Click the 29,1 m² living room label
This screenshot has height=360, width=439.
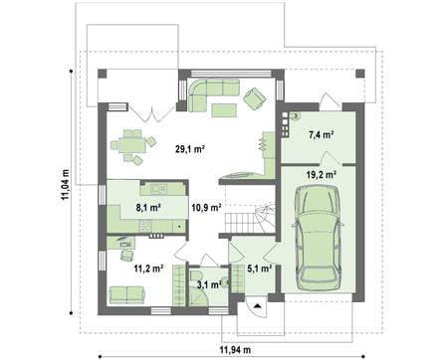pos(189,149)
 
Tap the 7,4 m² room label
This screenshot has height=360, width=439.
pos(321,135)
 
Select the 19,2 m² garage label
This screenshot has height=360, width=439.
pos(322,175)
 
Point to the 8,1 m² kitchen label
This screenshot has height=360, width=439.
pos(148,208)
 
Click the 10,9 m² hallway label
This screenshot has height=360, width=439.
pos(206,208)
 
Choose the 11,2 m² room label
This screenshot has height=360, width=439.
pos(148,269)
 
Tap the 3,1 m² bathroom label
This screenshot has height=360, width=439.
pos(209,284)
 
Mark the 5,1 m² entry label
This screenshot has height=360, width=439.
pos(260,269)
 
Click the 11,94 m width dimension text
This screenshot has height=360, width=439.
pos(235,349)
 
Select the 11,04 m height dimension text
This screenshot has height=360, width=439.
pos(66,185)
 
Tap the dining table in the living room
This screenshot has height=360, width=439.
pos(132,145)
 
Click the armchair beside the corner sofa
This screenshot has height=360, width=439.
pos(255,97)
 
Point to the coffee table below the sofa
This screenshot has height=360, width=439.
pos(224,110)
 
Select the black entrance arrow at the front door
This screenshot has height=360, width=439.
pos(258,305)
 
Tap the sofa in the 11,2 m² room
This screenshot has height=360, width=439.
pos(126,295)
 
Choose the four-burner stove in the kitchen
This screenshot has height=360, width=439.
pos(145,226)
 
